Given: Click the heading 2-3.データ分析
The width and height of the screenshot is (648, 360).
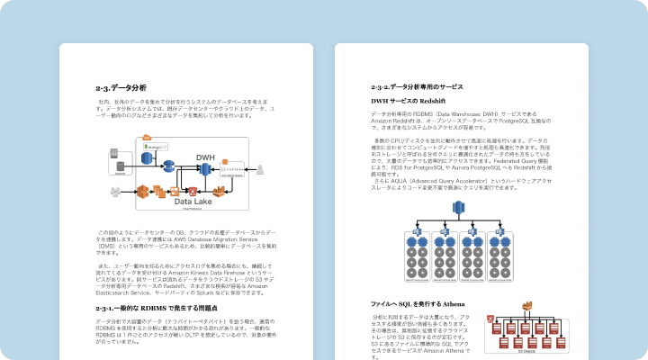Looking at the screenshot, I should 121,87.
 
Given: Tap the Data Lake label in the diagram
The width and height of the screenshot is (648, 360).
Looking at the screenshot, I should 193,202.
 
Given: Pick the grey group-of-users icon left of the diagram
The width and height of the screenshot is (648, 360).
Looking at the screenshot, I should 115,191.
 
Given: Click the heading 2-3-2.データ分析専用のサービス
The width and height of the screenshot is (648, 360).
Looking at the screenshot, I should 417,86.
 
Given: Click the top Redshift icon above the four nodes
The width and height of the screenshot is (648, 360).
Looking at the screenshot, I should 456,209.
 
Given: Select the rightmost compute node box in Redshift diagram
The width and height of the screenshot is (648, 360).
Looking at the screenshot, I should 497,256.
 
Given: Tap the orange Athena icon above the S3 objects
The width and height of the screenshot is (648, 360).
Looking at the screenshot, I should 490,319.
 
